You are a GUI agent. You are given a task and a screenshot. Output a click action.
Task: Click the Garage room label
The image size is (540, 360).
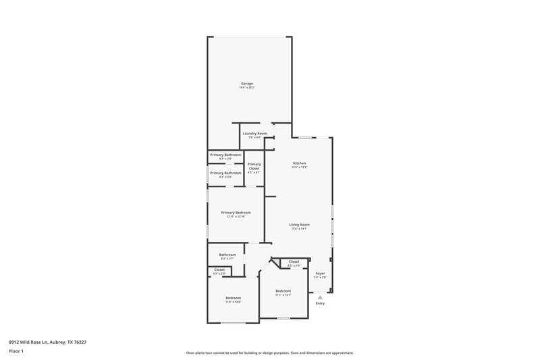(246, 84)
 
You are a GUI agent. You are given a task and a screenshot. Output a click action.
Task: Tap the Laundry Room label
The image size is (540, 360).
(254, 134)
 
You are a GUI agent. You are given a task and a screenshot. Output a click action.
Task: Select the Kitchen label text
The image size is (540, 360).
(300, 163)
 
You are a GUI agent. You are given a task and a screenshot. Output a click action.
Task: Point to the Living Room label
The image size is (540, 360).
(299, 225)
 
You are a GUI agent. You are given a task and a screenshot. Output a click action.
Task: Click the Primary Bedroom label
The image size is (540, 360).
(236, 212)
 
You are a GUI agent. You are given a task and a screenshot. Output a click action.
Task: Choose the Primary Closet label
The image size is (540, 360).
(254, 166)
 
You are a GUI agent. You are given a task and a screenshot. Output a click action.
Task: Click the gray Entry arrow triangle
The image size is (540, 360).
(320, 296)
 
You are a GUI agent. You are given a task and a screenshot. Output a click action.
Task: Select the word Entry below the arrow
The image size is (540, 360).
(320, 303)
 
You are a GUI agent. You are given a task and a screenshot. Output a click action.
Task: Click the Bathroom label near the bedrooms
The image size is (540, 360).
(227, 255)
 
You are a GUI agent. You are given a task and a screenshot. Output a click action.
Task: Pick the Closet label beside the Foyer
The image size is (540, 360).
(294, 261)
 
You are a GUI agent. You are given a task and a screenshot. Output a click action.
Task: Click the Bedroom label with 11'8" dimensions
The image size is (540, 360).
(233, 298)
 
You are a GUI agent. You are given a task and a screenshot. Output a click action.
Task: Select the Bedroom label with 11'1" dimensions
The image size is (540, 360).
(283, 291)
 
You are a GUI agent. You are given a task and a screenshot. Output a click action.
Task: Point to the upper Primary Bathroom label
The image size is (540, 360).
(225, 155)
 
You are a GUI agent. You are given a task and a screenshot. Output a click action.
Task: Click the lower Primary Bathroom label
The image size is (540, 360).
(225, 173)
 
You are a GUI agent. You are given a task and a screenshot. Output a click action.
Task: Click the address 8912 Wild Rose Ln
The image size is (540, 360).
(47, 342)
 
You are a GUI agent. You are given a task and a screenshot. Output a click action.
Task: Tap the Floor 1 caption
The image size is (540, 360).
(16, 352)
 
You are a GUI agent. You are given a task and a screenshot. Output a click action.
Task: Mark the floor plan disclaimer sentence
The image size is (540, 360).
(269, 353)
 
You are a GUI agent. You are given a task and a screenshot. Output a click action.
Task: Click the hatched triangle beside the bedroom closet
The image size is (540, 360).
(275, 261)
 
